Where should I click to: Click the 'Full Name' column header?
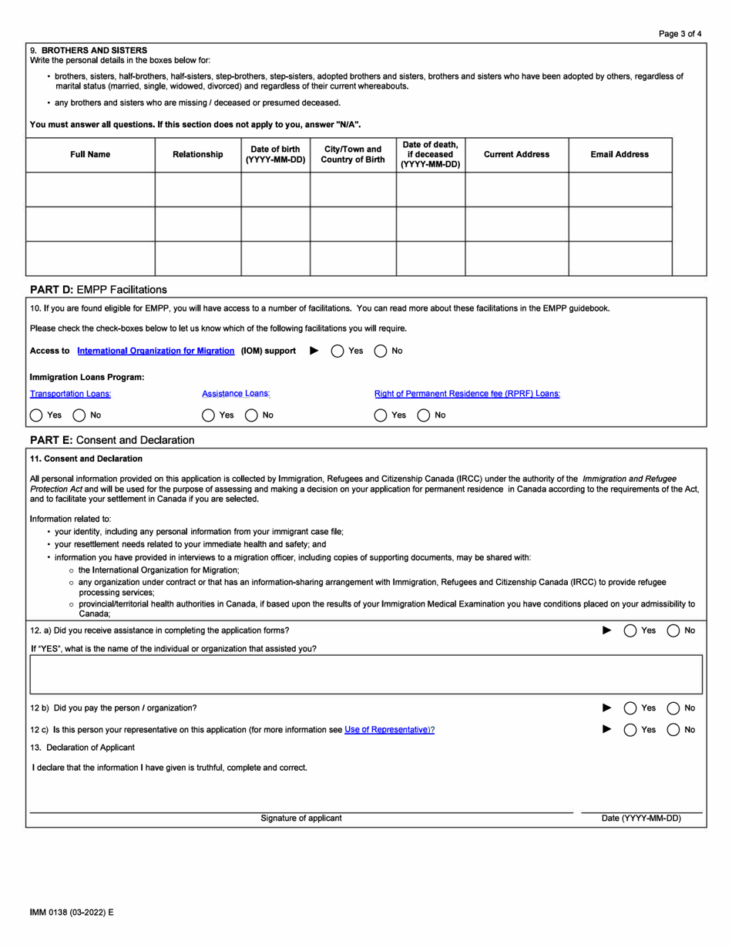[x=90, y=154]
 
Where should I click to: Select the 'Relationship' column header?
[x=198, y=154]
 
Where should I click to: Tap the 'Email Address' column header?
[x=620, y=154]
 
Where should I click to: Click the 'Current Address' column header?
[x=516, y=154]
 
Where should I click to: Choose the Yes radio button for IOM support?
[x=337, y=351]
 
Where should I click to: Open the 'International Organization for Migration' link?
[x=156, y=351]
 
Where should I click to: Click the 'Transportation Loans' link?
[x=70, y=394]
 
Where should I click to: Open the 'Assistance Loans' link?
[x=236, y=394]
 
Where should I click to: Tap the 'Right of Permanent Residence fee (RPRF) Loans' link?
[x=467, y=394]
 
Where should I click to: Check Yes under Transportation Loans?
[x=36, y=415]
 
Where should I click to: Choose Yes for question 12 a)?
[x=630, y=630]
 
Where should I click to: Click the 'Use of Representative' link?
[x=389, y=729]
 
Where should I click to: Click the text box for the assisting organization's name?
[x=366, y=674]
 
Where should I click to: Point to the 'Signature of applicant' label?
[x=301, y=819]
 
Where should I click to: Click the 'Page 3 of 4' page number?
[x=680, y=34]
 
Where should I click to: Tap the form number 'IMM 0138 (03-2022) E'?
[x=72, y=913]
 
